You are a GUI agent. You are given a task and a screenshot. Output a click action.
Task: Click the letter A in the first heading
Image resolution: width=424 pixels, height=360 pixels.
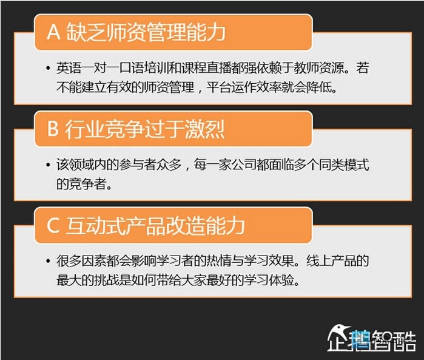pyautogui.click(x=53, y=32)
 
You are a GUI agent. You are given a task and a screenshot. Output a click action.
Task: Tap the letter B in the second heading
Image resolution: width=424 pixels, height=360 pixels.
pyautogui.click(x=53, y=128)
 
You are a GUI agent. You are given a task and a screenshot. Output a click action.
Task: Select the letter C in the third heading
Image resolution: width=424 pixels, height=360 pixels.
pyautogui.click(x=53, y=225)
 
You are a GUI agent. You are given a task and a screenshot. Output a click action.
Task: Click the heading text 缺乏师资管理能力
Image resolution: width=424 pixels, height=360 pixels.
pyautogui.click(x=146, y=32)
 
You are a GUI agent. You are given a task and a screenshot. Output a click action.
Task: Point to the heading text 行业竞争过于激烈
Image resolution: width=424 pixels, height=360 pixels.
pyautogui.click(x=145, y=129)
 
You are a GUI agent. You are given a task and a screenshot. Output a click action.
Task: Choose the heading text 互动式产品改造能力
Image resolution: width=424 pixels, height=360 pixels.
pyautogui.click(x=155, y=225)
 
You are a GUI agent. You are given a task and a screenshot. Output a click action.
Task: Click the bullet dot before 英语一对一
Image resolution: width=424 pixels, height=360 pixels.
pyautogui.click(x=48, y=67)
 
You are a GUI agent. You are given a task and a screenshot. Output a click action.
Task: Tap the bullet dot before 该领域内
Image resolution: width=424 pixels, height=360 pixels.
pyautogui.click(x=48, y=165)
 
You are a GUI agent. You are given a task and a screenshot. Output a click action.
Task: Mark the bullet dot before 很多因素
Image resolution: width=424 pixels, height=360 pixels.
pyautogui.click(x=48, y=261)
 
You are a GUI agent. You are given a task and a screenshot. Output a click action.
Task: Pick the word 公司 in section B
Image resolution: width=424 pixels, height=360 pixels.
pyautogui.click(x=244, y=165)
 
